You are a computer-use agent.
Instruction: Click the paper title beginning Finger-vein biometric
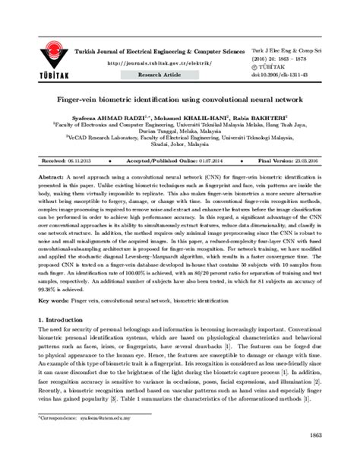pyautogui.click(x=180, y=100)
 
